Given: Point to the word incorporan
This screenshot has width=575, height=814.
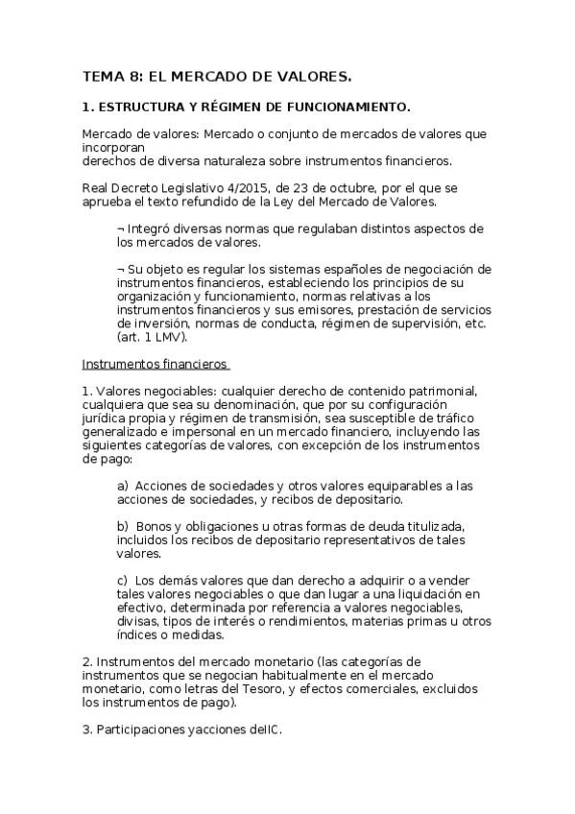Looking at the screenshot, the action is click(x=113, y=149).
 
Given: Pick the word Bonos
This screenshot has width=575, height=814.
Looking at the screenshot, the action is click(x=156, y=527).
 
